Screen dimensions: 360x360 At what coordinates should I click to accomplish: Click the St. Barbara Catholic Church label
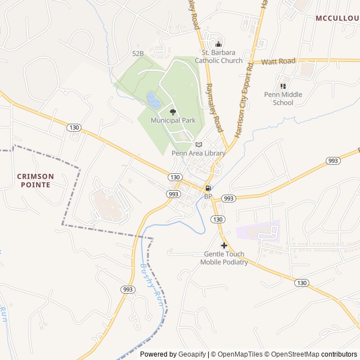(219, 57)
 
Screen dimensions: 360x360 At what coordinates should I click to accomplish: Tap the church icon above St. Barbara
(219, 44)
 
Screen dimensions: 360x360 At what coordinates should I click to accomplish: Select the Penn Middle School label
(283, 98)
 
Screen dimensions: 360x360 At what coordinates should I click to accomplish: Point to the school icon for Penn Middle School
(283, 86)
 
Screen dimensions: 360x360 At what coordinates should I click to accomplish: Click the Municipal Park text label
(173, 120)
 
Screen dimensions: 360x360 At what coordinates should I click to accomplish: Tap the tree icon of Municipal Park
(173, 112)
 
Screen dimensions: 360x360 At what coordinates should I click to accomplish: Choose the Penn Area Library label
(199, 153)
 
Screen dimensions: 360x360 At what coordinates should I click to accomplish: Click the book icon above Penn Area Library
(199, 145)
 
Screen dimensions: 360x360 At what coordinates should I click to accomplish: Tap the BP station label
(208, 196)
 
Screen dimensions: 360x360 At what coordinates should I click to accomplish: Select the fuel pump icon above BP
(208, 188)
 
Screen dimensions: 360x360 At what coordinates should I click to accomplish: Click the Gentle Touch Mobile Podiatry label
(226, 258)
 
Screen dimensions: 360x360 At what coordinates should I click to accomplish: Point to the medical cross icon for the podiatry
(224, 245)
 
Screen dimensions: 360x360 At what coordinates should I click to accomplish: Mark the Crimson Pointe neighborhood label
(35, 180)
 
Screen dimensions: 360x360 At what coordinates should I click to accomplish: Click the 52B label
(138, 53)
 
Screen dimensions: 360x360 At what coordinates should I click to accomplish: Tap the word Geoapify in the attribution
(192, 354)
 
